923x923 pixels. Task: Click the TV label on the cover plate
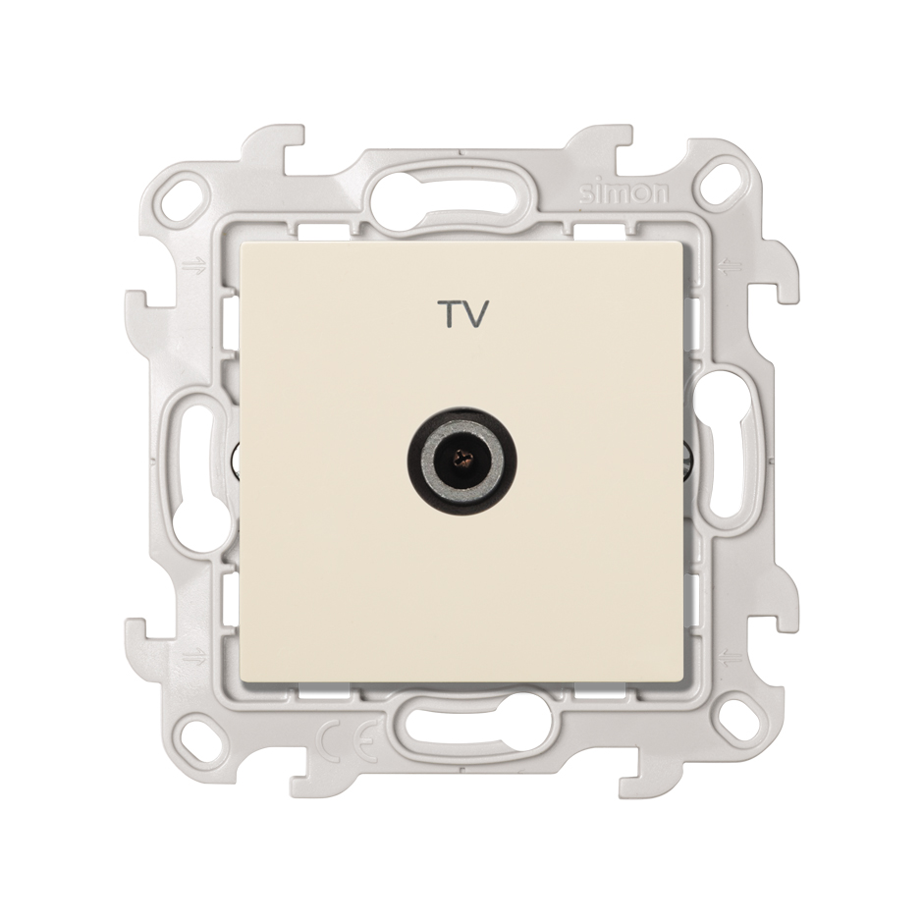pos(464,314)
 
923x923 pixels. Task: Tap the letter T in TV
pos(451,314)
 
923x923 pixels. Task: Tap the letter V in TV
pos(477,314)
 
